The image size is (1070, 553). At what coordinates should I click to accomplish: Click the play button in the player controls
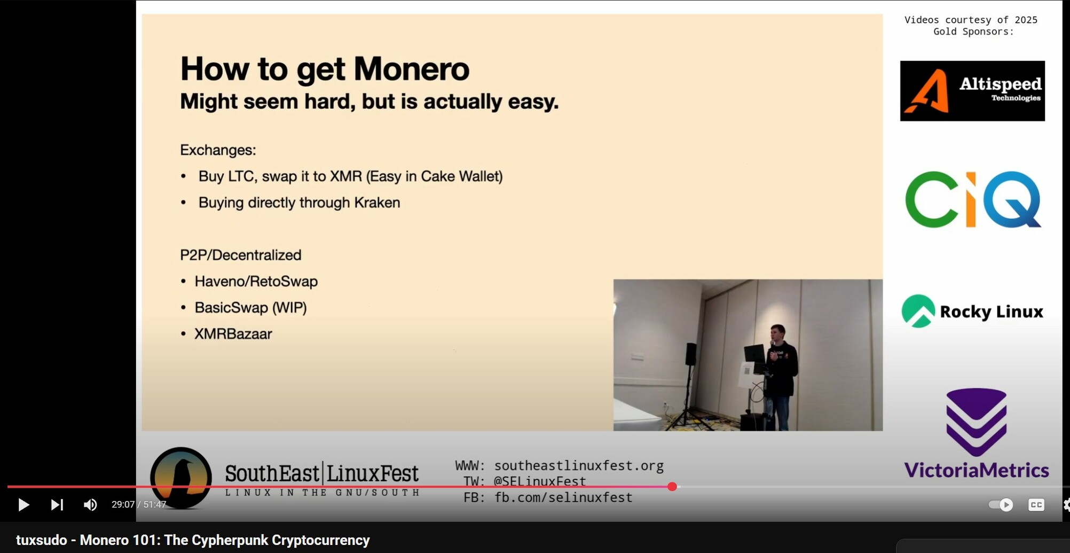(23, 505)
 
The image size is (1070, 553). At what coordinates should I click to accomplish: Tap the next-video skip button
(57, 505)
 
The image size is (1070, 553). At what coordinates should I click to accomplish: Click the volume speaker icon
(90, 505)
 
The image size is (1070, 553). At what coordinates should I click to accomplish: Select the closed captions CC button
(1036, 505)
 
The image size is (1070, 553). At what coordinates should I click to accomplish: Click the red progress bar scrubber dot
(672, 487)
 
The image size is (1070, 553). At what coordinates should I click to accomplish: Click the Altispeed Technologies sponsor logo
(972, 91)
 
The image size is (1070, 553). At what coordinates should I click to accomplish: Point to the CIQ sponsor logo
(973, 199)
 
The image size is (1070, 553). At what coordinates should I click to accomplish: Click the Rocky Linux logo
(972, 311)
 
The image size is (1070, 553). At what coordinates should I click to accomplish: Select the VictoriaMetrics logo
(977, 433)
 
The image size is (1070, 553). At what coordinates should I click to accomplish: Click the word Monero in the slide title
(411, 69)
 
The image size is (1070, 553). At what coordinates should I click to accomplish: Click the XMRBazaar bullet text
(233, 334)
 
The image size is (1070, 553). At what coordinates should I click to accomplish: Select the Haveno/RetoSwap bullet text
(256, 282)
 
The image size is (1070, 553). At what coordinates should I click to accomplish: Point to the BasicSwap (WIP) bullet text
(250, 308)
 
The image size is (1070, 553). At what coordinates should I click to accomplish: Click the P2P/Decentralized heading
(241, 255)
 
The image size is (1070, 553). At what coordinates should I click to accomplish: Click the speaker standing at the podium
(781, 377)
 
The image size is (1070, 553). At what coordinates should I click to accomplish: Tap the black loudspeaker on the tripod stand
(691, 354)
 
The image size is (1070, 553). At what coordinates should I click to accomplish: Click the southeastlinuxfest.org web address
(579, 465)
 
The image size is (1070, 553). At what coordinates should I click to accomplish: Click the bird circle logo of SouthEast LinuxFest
(181, 478)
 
